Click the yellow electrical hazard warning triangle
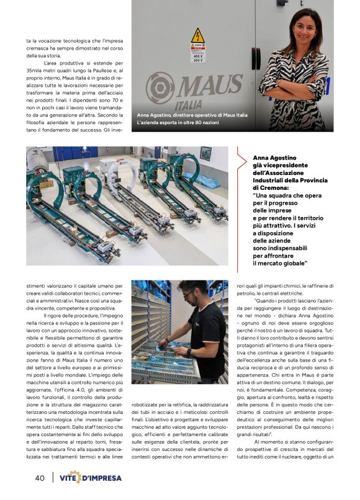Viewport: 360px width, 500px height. click(197, 36)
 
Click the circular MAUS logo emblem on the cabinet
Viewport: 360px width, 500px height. click(160, 87)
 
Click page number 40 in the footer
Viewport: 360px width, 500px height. click(40, 478)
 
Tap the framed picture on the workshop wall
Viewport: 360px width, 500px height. click(205, 153)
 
